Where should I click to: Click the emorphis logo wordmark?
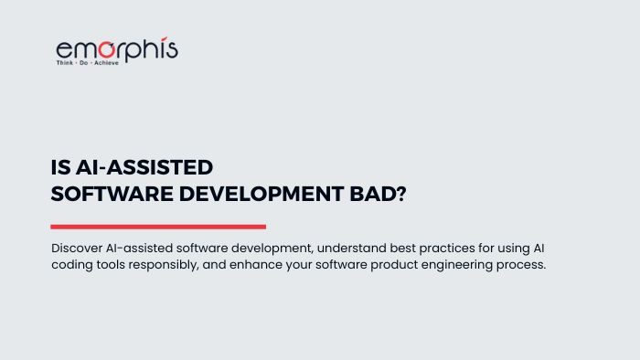click(x=116, y=49)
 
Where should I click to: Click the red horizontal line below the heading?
click(x=158, y=227)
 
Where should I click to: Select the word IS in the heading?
click(x=59, y=168)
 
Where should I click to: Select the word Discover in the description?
click(x=78, y=249)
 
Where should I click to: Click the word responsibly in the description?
click(x=175, y=264)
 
